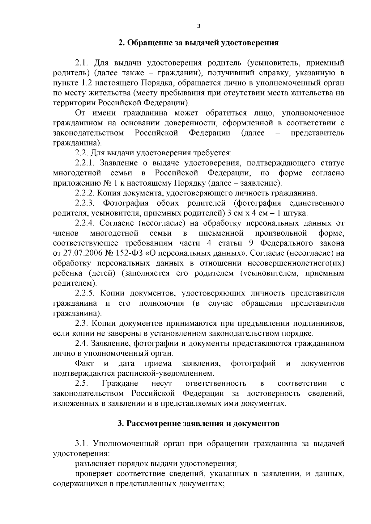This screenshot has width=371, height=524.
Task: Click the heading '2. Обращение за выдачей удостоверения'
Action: point(198,43)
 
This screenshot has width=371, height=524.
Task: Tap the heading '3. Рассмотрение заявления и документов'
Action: point(198,423)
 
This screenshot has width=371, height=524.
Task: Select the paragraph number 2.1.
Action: point(82,63)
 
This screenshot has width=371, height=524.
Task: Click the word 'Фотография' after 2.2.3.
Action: point(126,203)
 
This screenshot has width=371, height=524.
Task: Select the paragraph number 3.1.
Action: point(82,444)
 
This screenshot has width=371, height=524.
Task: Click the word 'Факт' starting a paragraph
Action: point(84,363)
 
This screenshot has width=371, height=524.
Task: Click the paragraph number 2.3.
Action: point(82,323)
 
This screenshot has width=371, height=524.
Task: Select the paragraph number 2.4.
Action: point(82,343)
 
